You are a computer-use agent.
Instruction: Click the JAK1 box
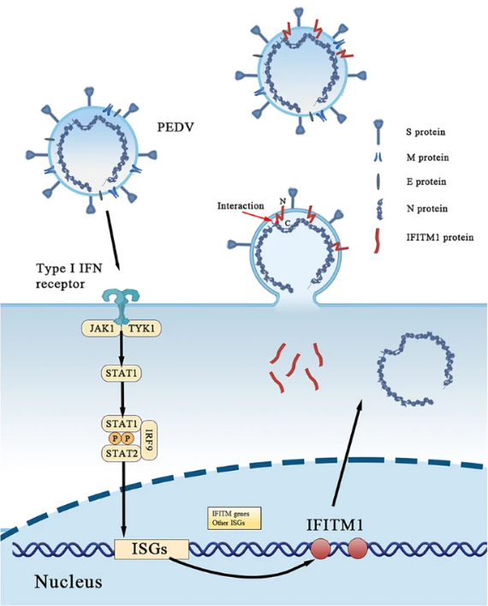[100, 329]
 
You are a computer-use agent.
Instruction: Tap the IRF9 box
[150, 440]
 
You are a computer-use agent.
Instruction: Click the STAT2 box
[122, 454]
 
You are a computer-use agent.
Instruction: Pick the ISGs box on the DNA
[152, 549]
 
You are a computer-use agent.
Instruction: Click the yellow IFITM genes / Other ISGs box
[235, 519]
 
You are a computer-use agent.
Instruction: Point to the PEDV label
[176, 128]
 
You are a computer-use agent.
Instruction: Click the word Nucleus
[68, 582]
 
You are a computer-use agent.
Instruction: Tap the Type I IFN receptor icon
[121, 308]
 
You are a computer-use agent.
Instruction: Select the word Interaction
[241, 205]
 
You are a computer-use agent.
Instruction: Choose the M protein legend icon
[378, 157]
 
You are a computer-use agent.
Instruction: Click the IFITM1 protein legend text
[440, 237]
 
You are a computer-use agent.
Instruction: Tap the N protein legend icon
[380, 209]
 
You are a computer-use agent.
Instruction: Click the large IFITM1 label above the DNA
[335, 525]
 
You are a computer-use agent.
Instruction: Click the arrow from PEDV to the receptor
[112, 241]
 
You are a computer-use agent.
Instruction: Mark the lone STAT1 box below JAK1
[121, 373]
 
